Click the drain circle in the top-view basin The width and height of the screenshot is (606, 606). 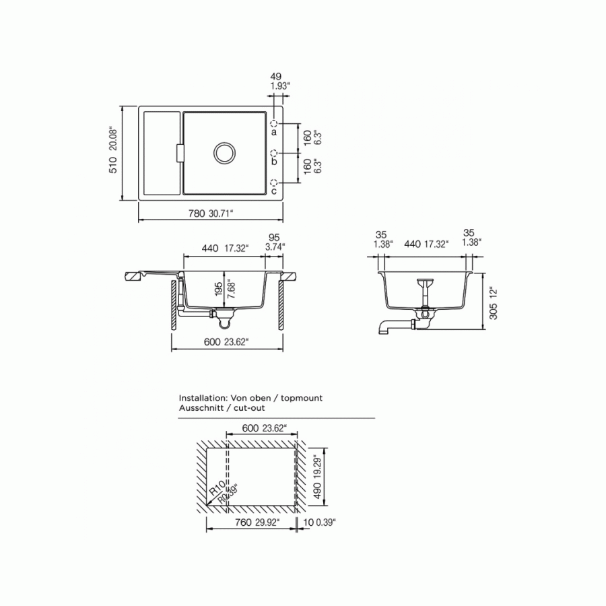pos(224,152)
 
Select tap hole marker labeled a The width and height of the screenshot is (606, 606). pos(274,124)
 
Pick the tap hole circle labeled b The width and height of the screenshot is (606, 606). pos(274,154)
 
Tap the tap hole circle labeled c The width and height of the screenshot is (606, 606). pos(274,182)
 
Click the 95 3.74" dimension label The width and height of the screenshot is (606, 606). pos(274,242)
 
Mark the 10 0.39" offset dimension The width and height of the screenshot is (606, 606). pos(319,522)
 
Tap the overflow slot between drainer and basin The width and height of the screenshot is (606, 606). pos(178,153)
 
